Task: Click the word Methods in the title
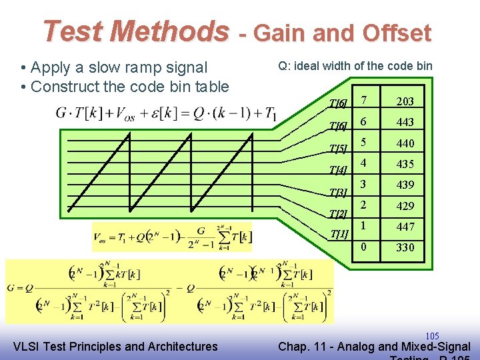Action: coord(169,31)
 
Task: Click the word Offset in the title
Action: coord(397,33)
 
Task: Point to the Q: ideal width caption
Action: coord(355,65)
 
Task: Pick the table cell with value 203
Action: coord(405,101)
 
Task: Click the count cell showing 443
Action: coord(405,122)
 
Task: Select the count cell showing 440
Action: coord(405,143)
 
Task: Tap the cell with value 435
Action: coord(405,164)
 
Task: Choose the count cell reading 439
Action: coord(405,185)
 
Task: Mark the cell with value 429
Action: coord(405,206)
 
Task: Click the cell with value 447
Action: coord(405,227)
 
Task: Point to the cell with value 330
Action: coord(405,247)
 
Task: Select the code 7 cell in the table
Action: coord(364,101)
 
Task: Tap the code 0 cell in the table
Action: coord(364,247)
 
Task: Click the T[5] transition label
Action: coord(339,148)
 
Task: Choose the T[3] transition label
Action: coord(339,193)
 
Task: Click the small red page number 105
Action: coord(432,335)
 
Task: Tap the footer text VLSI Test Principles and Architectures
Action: coord(115,346)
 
